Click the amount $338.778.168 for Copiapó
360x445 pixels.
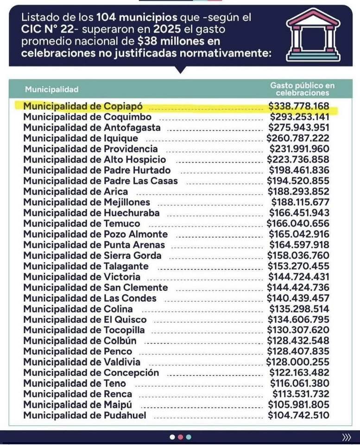(x=299, y=106)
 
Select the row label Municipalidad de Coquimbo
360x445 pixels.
(x=87, y=117)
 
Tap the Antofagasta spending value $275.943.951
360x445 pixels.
(x=299, y=127)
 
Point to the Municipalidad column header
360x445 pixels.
(x=51, y=89)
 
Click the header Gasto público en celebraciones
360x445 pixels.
(x=302, y=89)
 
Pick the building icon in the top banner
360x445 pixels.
(x=313, y=36)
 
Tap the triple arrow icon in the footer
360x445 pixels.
(x=346, y=437)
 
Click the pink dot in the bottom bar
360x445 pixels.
(x=180, y=437)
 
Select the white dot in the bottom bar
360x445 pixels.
(x=172, y=437)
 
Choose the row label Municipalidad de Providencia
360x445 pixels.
(x=90, y=149)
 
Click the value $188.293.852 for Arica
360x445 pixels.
(x=299, y=191)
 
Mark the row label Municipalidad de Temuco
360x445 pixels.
(x=82, y=223)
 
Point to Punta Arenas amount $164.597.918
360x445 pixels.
(x=299, y=245)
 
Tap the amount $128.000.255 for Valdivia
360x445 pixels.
(x=298, y=362)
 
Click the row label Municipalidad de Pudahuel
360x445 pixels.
(x=85, y=415)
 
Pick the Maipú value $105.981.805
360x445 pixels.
(x=299, y=405)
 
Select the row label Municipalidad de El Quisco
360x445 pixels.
(x=85, y=319)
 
